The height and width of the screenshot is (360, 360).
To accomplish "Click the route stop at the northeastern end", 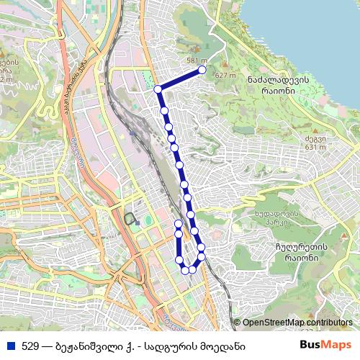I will click(x=202, y=70).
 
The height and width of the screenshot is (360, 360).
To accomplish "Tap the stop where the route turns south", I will click(x=158, y=89).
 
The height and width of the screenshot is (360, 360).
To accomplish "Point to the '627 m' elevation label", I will click(x=226, y=75).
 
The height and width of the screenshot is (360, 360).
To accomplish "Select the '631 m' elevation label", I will click(x=315, y=148).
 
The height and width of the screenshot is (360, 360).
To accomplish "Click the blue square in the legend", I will click(x=10, y=346).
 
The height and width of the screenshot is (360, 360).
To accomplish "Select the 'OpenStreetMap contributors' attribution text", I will click(x=297, y=323).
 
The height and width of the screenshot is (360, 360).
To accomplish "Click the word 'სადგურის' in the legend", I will click(x=179, y=346).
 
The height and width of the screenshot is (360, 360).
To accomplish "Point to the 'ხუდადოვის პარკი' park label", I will click(x=276, y=218).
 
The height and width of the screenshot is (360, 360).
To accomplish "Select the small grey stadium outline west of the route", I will click(x=130, y=218).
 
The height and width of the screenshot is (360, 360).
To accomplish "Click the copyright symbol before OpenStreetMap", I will click(x=237, y=323).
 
